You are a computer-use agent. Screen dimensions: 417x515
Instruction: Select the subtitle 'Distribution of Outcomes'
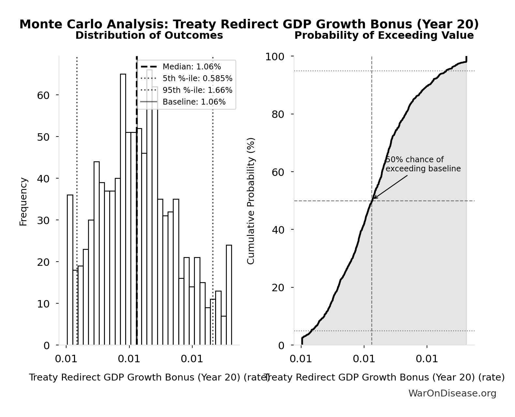pyautogui.click(x=149, y=35)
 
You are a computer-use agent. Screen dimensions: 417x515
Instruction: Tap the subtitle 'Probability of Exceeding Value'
pyautogui.click(x=384, y=35)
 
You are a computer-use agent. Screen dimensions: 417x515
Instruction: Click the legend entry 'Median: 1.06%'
pyautogui.click(x=192, y=67)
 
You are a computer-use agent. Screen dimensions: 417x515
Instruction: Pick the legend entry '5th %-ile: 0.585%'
pyautogui.click(x=197, y=79)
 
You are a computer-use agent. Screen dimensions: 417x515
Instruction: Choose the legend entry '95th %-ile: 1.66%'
pyautogui.click(x=197, y=90)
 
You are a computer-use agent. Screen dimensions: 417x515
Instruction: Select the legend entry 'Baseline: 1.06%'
pyautogui.click(x=194, y=102)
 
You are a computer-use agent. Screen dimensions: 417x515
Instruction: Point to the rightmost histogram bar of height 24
pyautogui.click(x=229, y=295)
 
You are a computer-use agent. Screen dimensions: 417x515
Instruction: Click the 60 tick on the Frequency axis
pyautogui.click(x=43, y=95)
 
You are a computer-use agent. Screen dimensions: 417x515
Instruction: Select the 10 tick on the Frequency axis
pyautogui.click(x=43, y=304)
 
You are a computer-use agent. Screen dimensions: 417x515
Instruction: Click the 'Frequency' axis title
pyautogui.click(x=23, y=201)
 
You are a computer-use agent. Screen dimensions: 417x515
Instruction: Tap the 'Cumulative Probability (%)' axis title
pyautogui.click(x=251, y=201)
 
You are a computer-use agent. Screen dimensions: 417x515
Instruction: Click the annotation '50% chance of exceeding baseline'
pyautogui.click(x=423, y=164)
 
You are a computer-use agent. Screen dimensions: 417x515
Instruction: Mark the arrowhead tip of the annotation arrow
pyautogui.click(x=373, y=199)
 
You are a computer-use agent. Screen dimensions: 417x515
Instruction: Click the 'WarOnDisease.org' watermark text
pyautogui.click(x=452, y=394)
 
